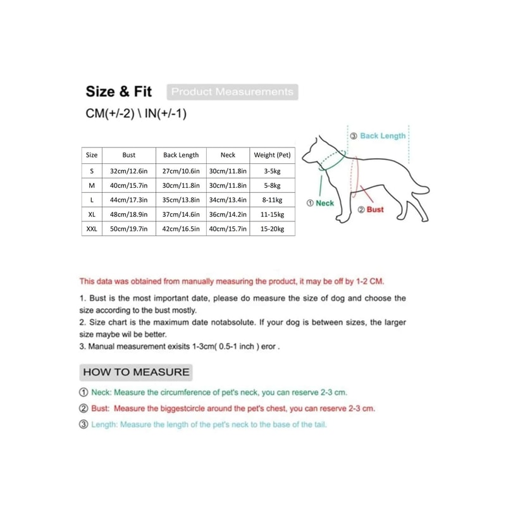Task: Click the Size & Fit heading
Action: point(119,92)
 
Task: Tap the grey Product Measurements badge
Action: point(232,92)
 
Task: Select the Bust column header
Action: point(129,155)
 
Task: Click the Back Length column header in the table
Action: point(181,155)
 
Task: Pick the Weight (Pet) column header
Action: point(272,155)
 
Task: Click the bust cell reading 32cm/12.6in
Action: point(129,171)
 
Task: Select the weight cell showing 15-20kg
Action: point(272,229)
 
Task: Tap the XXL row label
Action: point(92,229)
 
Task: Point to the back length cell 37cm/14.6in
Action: point(181,214)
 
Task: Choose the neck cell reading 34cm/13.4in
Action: point(228,200)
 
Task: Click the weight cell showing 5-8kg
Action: point(272,185)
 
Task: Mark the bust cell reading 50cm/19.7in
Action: point(129,229)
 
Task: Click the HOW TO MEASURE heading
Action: point(136,372)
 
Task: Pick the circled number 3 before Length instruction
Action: point(84,424)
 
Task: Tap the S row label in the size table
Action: point(92,171)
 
